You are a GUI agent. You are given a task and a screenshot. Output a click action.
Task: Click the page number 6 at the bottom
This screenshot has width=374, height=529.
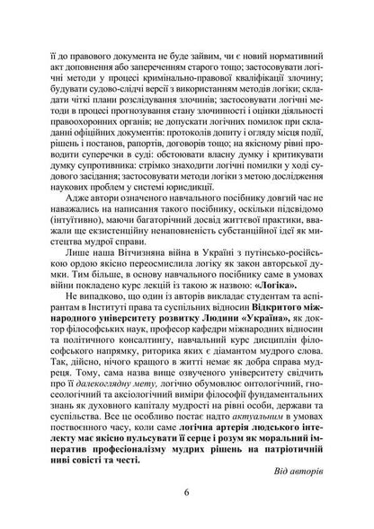[186, 491]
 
